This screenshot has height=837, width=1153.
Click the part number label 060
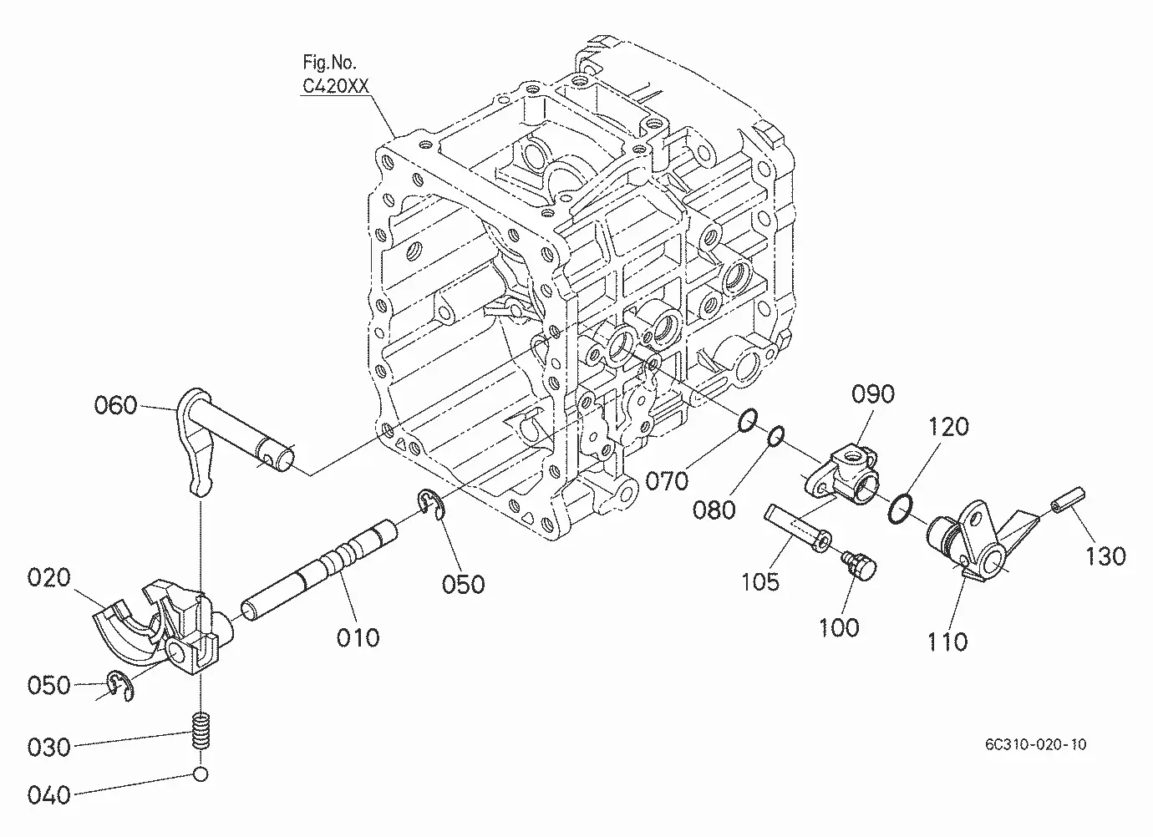[115, 406]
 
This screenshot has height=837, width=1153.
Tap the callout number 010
[358, 638]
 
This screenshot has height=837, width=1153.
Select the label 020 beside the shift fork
[49, 577]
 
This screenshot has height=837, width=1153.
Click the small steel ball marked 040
[201, 774]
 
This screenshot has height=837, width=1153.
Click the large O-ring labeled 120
[901, 509]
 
